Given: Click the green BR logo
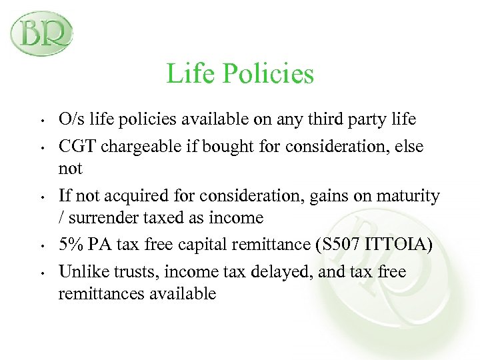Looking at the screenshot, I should tap(42, 33).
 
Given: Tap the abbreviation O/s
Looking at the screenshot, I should tap(71, 119).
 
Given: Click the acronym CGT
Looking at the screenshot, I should tap(76, 145).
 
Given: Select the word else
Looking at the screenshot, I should tap(409, 146).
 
